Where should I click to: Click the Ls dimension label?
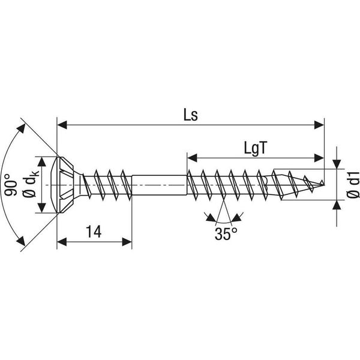tap(191, 115)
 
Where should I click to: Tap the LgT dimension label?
tap(256, 149)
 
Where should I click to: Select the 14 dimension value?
tap(94, 232)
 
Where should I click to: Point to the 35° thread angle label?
tap(226, 234)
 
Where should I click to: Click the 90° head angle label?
tap(11, 185)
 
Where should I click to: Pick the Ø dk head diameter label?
tap(31, 184)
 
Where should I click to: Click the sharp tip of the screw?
tap(323, 182)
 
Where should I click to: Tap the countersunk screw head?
tap(65, 185)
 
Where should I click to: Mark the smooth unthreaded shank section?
tap(159, 185)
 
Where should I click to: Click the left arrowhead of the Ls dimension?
tap(62, 125)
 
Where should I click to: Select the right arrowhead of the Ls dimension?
tap(319, 125)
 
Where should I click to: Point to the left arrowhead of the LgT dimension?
tap(193, 158)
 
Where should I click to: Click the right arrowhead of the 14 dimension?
tap(127, 242)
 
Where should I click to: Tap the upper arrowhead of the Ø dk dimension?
tap(41, 162)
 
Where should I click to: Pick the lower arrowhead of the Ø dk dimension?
tap(41, 208)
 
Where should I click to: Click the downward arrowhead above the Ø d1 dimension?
tap(337, 164)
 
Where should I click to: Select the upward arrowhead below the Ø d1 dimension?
tap(337, 205)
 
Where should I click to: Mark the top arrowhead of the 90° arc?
tap(21, 128)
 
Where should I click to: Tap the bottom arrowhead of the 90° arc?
tap(21, 241)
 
